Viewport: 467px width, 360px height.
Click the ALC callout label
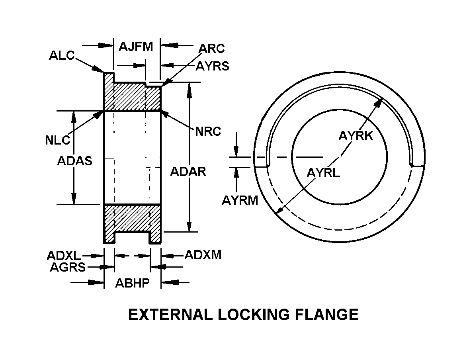pyautogui.click(x=62, y=55)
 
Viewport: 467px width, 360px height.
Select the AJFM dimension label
pyautogui.click(x=136, y=47)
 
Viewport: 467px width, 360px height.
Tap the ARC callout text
pyautogui.click(x=212, y=48)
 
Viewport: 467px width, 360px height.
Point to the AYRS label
pyautogui.click(x=212, y=66)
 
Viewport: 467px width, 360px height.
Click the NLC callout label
pyautogui.click(x=57, y=140)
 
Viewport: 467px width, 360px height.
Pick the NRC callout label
pyautogui.click(x=208, y=131)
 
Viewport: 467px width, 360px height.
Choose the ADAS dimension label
pyautogui.click(x=75, y=161)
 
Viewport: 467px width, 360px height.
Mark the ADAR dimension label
pyautogui.click(x=188, y=172)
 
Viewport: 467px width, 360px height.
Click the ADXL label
pyautogui.click(x=64, y=255)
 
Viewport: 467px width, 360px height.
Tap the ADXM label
pyautogui.click(x=203, y=255)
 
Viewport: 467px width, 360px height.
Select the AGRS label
pyautogui.click(x=68, y=267)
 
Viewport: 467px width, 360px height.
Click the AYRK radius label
pyautogui.click(x=356, y=136)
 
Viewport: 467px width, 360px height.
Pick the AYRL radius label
pyautogui.click(x=323, y=173)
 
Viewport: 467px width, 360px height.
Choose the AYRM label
pyautogui.click(x=240, y=200)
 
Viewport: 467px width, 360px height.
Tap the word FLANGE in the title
pyautogui.click(x=329, y=315)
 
